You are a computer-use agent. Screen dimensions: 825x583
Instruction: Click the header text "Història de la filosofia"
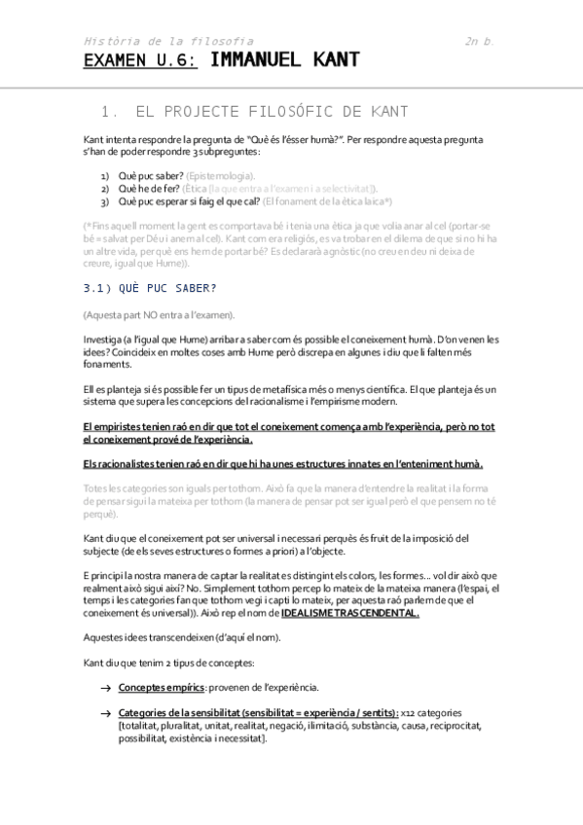click(168, 41)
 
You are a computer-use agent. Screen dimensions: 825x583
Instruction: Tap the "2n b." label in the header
click(481, 41)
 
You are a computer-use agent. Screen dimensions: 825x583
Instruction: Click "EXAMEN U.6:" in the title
click(140, 60)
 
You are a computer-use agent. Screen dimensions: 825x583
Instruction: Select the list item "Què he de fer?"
click(148, 188)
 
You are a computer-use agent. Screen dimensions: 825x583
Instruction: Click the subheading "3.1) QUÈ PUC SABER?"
click(150, 288)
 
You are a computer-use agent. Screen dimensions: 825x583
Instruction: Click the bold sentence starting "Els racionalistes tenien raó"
click(283, 463)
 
